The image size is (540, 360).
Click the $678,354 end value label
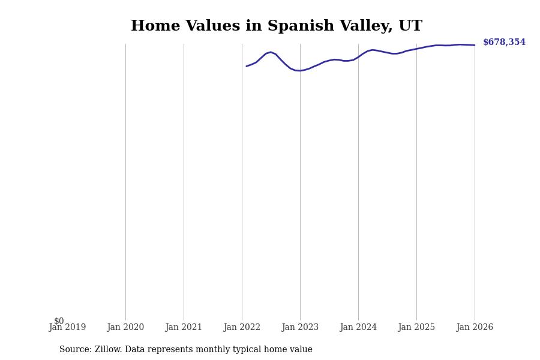[504, 43]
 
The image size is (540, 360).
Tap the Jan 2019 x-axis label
[67, 328]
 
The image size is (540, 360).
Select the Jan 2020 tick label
[125, 328]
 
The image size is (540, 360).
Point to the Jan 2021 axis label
[184, 328]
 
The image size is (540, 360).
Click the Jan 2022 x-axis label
[242, 328]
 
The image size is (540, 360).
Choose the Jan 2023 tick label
[300, 328]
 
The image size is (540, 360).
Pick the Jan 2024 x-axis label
[358, 328]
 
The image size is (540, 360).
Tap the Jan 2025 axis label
[416, 328]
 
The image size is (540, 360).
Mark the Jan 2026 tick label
[475, 328]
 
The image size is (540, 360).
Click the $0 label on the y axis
[59, 321]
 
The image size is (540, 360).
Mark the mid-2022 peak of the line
[271, 52]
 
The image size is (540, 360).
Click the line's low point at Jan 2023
[299, 71]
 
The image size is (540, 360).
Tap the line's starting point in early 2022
[247, 66]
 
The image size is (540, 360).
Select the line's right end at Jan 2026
[475, 45]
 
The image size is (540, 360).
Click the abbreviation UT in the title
[411, 26]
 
